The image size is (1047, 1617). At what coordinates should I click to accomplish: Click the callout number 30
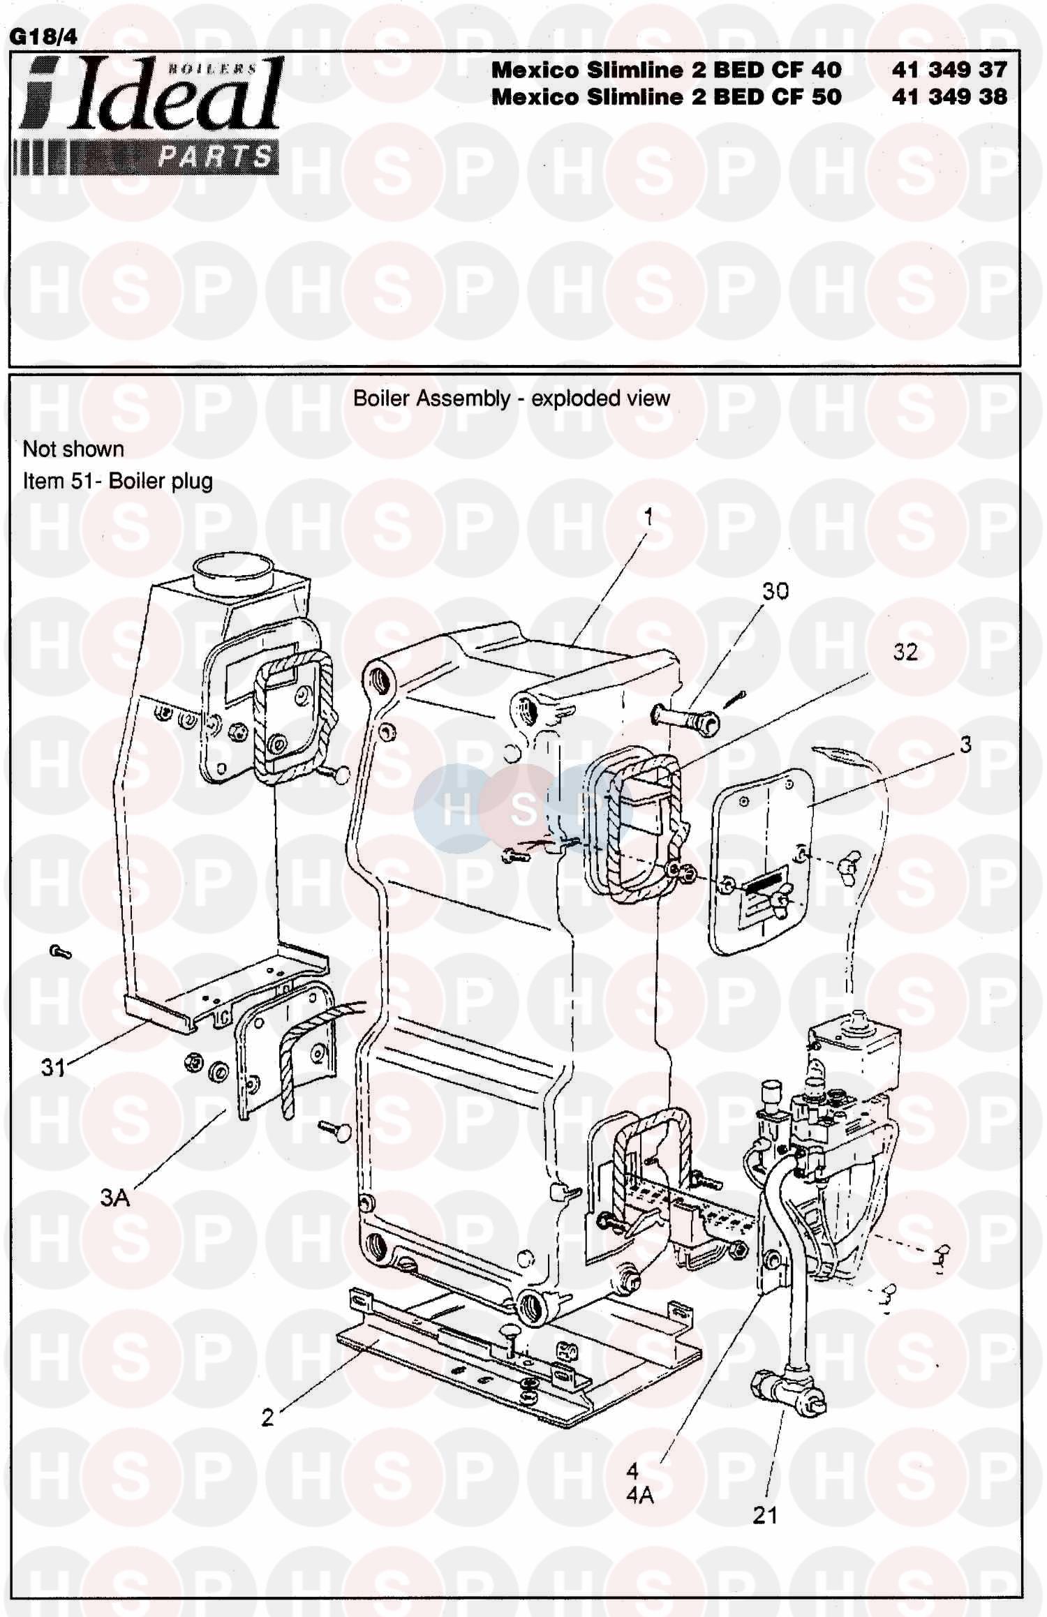click(x=775, y=591)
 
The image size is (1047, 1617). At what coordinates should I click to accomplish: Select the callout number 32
click(x=905, y=652)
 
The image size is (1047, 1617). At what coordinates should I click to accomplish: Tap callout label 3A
click(x=115, y=1198)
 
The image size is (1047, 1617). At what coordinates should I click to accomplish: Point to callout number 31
click(x=53, y=1068)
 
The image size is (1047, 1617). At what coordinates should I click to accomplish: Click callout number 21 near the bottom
click(x=765, y=1515)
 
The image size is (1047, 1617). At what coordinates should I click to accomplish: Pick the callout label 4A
click(x=640, y=1496)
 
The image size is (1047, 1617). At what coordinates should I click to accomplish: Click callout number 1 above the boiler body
click(x=648, y=517)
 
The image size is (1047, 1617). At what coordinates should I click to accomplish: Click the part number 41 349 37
click(x=949, y=70)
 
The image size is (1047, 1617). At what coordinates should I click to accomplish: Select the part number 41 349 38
click(x=949, y=96)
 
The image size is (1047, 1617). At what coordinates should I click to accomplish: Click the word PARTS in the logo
click(x=214, y=156)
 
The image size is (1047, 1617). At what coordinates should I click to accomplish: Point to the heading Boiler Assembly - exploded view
click(x=512, y=398)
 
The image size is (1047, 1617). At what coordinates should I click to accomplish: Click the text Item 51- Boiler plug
click(x=118, y=481)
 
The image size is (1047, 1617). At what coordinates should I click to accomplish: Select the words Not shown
click(x=73, y=449)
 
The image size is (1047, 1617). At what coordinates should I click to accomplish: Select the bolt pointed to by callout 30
click(x=686, y=719)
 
